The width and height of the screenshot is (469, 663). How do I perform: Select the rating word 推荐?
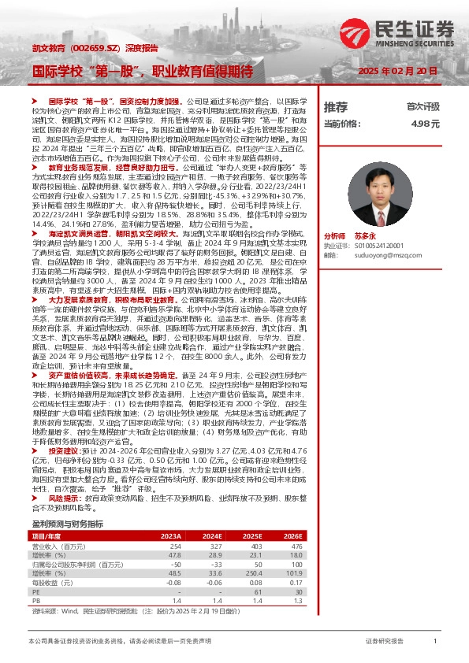[x=335, y=106]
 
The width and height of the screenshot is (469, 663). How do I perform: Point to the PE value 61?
[x=255, y=592]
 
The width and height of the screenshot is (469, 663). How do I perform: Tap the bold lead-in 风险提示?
[x=64, y=498]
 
